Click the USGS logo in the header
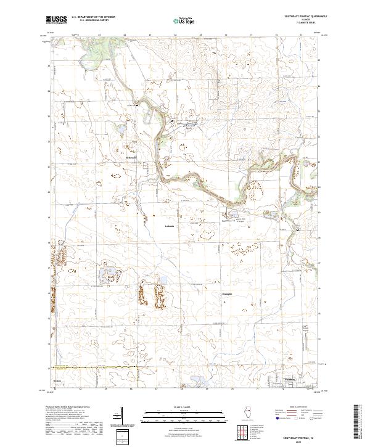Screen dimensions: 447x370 [x=56, y=20]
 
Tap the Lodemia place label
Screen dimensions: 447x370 [x=170, y=226]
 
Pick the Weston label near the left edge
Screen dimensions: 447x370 [x=58, y=380]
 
